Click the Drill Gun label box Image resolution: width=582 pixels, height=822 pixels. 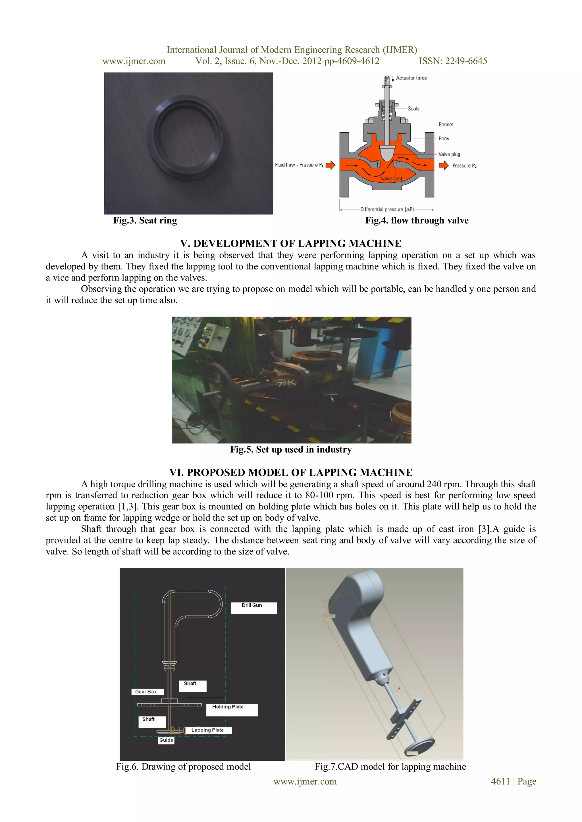pos(253,608)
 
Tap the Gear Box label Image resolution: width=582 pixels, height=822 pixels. pos(147,692)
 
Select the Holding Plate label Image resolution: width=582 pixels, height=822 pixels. pos(232,710)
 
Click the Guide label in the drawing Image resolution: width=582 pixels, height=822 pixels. pos(166,740)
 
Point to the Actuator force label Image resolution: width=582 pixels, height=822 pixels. pos(411,78)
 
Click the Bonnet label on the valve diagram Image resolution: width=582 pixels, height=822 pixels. pos(446,125)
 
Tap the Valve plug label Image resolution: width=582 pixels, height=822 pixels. pos(449,154)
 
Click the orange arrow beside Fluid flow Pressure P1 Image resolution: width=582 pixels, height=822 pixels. pos(330,165)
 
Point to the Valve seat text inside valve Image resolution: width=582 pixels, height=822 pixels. pos(391,179)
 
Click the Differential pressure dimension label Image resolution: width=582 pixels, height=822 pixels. pos(387,210)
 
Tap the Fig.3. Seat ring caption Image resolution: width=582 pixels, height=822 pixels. pos(145,221)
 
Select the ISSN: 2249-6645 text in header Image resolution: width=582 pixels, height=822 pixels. pos(453,61)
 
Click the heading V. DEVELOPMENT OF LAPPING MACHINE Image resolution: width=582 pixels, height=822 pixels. pos(291,243)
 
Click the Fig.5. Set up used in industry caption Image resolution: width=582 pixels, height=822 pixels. pos(291,450)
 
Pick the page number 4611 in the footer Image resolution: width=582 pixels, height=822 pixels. pos(500,782)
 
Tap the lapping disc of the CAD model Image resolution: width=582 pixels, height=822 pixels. pos(419,747)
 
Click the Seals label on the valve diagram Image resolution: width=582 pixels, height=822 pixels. pos(413,108)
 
